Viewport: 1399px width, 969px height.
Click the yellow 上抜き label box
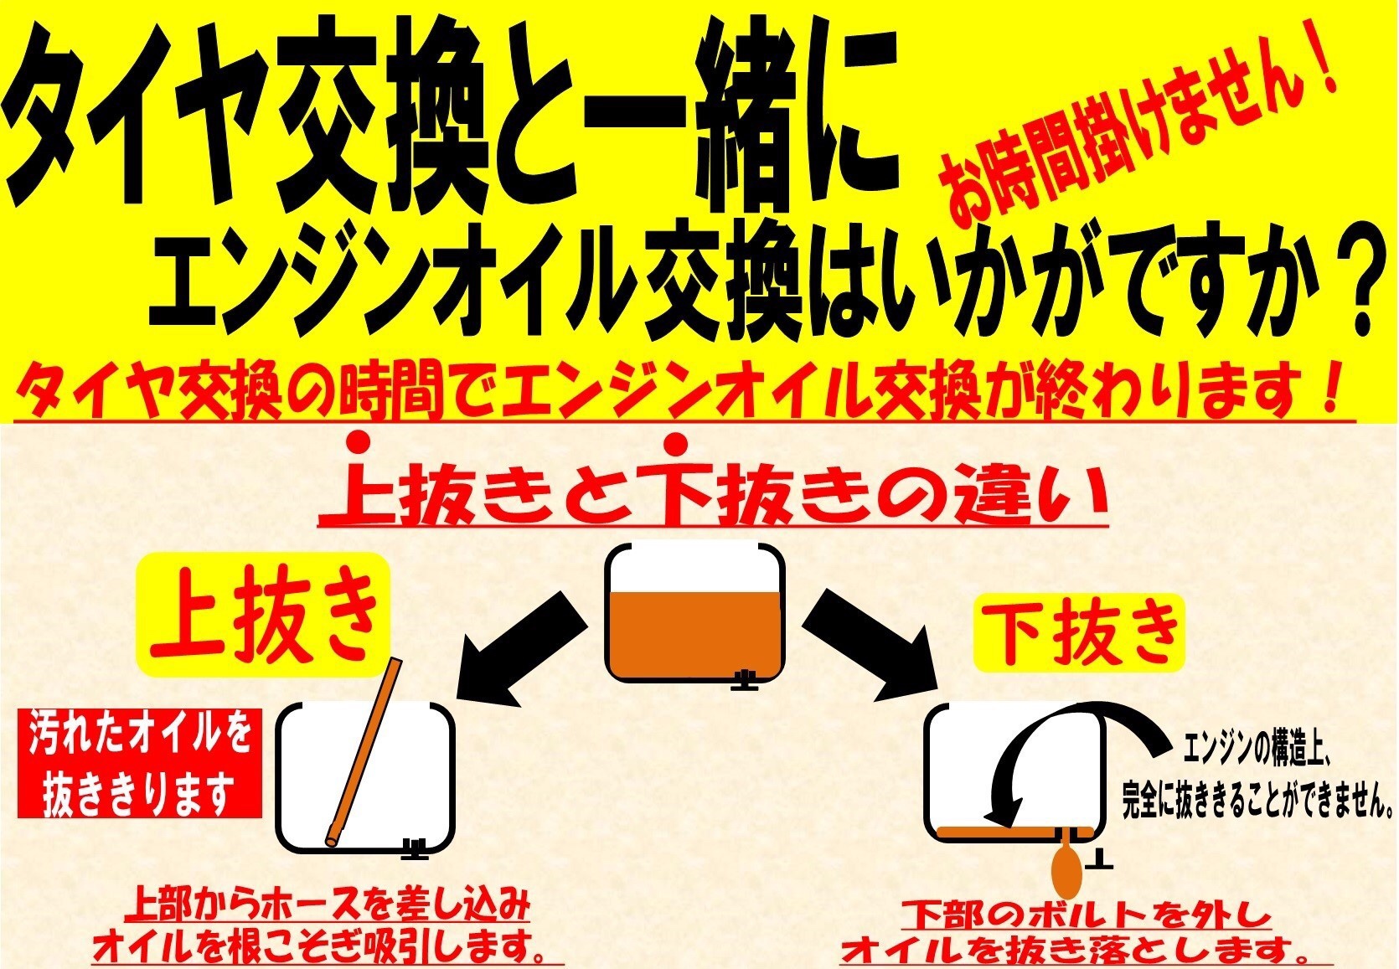264,615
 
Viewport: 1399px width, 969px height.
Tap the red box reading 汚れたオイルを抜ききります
139,763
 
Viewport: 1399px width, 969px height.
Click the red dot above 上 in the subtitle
359,443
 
